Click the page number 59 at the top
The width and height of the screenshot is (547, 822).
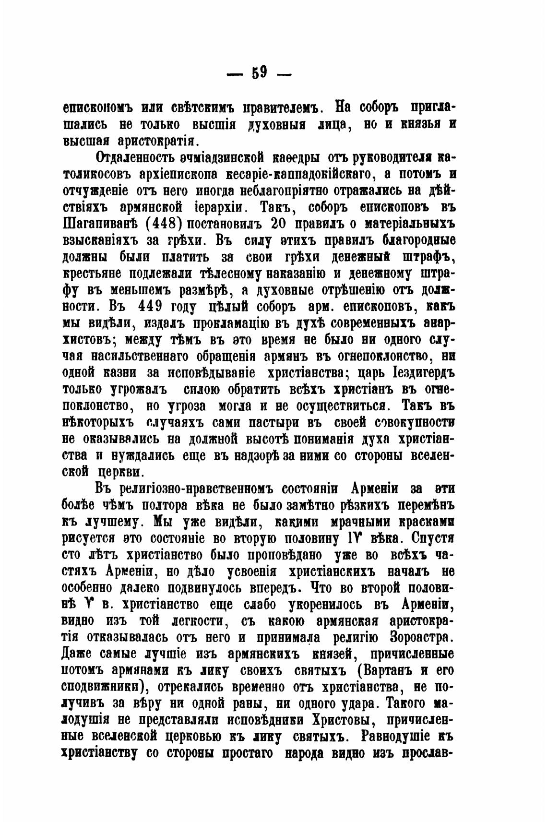tap(259, 73)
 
